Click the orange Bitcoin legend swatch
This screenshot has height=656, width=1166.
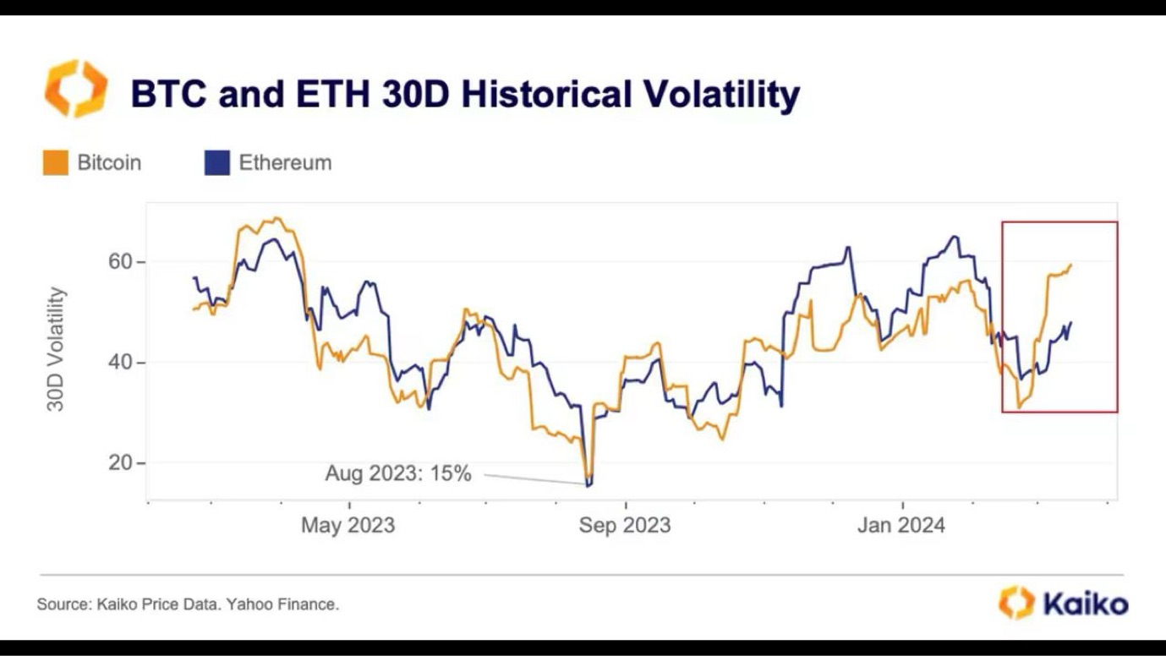[55, 162]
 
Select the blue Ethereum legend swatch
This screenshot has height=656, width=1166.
[217, 162]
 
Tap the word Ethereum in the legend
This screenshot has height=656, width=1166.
[285, 162]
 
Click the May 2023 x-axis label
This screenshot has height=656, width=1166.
[348, 525]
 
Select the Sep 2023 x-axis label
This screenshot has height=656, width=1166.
[624, 525]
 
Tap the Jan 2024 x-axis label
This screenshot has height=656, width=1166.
[901, 525]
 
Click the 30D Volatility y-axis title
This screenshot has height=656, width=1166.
[56, 349]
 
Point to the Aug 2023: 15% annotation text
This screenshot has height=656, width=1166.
[397, 473]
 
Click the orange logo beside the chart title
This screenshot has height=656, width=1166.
[76, 88]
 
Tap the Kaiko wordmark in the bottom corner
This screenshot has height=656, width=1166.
[1085, 604]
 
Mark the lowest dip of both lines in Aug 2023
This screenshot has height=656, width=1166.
[588, 484]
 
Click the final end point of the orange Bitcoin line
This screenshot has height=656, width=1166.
[1071, 265]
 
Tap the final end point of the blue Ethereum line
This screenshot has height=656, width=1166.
[1071, 322]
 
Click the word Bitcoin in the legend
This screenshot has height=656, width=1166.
[109, 162]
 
